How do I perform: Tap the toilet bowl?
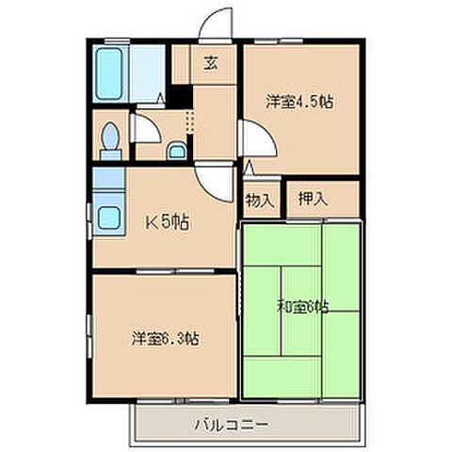pyautogui.click(x=110, y=138)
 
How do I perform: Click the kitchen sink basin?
pyautogui.click(x=109, y=217)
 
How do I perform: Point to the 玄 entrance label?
pyautogui.click(x=211, y=64)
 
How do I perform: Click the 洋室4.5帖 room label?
pyautogui.click(x=299, y=101)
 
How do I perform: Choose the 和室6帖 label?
pyautogui.click(x=301, y=306)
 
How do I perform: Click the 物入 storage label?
pyautogui.click(x=261, y=200)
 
